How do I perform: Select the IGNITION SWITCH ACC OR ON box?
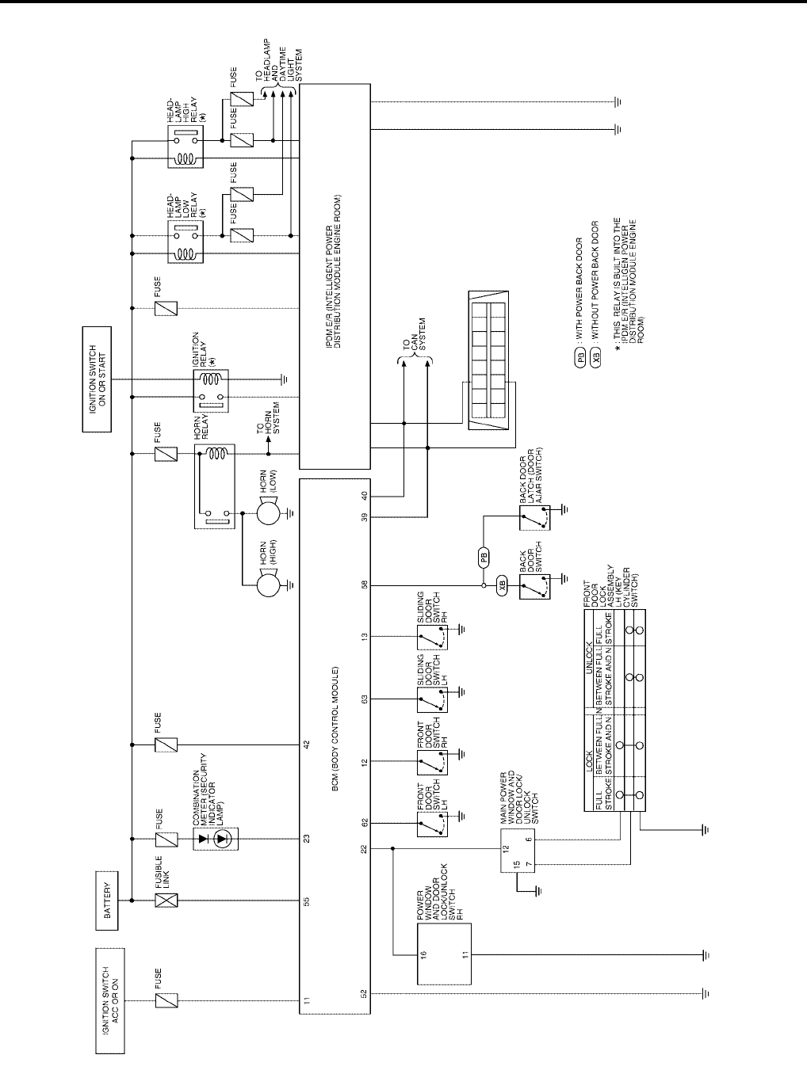(110, 1000)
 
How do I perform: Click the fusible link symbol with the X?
(166, 900)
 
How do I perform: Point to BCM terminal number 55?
(306, 901)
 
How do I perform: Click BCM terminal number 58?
(364, 586)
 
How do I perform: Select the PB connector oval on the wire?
(483, 557)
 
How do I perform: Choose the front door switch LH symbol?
(431, 824)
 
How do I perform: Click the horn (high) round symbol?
(269, 586)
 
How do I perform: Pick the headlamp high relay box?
(185, 147)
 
